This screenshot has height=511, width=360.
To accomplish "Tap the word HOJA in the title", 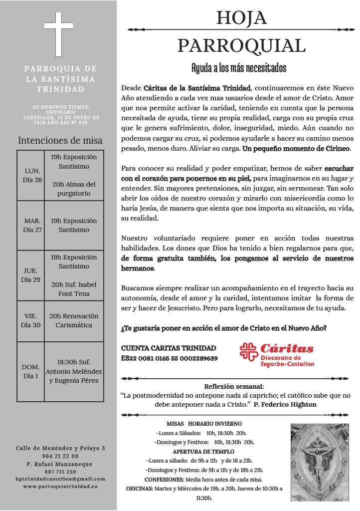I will pos(241,18).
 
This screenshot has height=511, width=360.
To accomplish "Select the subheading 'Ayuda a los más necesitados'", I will pos(239,68).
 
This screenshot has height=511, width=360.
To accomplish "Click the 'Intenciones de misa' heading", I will pos(60,140).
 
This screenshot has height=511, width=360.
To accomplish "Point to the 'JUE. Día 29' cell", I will pos(31,275).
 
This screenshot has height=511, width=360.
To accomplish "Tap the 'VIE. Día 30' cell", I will pos(31,320).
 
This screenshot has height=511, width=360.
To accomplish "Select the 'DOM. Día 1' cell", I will pos(31,371).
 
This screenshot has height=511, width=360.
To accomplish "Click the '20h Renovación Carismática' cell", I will pos(74,320).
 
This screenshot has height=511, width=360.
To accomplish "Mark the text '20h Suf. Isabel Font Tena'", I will pos(74,289).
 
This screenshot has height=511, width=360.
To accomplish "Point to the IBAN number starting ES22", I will pos(170,358).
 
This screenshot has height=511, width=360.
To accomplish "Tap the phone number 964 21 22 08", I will pos(60,456).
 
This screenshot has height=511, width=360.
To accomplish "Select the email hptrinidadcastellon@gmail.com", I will pos(60,479).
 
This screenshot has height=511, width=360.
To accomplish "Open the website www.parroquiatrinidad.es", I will pos(60,486).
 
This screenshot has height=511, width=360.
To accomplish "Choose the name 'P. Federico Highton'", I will pos(285,404).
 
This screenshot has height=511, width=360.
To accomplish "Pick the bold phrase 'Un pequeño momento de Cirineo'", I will pos(296,149).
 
